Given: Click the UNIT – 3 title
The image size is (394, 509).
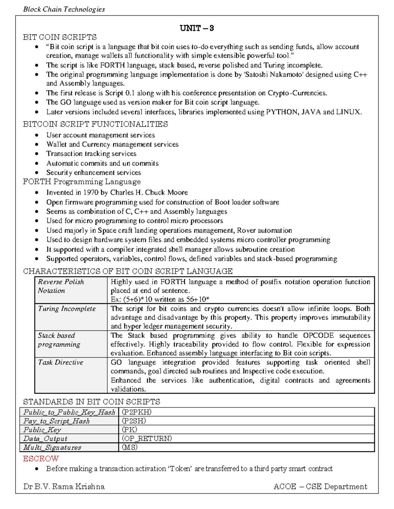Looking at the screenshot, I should click(x=197, y=28).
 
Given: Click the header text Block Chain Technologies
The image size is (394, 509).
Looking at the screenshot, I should click(x=64, y=9).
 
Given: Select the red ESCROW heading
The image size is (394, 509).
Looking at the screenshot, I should click(x=41, y=459).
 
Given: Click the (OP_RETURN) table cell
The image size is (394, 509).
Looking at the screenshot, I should click(x=147, y=439).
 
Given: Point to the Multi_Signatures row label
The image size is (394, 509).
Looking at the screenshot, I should click(x=52, y=447).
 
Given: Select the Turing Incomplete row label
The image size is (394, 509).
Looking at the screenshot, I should click(x=67, y=309).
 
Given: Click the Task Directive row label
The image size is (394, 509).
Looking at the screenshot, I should click(x=61, y=362).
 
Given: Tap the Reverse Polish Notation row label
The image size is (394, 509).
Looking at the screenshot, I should click(x=61, y=286).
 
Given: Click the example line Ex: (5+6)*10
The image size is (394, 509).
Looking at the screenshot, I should click(x=160, y=299).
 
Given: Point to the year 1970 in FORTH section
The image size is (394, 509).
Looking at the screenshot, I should click(x=91, y=192).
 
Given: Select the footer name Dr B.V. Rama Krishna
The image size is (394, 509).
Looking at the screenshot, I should click(x=64, y=486).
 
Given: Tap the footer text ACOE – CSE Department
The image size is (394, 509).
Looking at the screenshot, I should click(x=320, y=486).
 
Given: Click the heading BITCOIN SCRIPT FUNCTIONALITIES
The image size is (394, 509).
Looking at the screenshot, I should click(x=95, y=124).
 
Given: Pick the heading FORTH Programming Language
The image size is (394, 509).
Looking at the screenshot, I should click(x=82, y=182).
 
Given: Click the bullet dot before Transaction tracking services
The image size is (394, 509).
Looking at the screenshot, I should click(x=37, y=154).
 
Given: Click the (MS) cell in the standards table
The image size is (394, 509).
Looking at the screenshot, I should click(x=130, y=447).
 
